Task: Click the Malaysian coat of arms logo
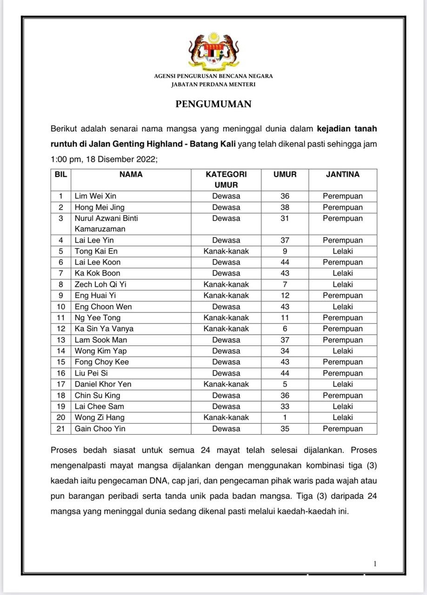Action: tap(213, 51)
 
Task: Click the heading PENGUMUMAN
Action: tap(213, 104)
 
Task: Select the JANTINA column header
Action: tap(342, 175)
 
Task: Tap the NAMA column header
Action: tap(131, 175)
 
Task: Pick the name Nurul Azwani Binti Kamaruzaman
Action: tap(106, 224)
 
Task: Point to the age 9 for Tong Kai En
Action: tap(285, 251)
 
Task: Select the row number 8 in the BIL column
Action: tap(60, 284)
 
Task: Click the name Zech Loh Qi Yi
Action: tap(100, 284)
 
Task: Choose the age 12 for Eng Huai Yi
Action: tap(285, 296)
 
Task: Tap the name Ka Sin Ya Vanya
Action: tap(104, 329)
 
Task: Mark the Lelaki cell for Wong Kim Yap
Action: tap(342, 351)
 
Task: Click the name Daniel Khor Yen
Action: tap(103, 384)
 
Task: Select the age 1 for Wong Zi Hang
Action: tap(285, 417)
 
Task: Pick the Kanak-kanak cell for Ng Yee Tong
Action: tap(226, 318)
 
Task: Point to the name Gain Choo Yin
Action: tap(100, 429)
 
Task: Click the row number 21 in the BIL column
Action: tap(60, 429)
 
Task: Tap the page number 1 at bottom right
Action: tap(375, 564)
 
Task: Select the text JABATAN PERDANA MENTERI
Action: tap(213, 85)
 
